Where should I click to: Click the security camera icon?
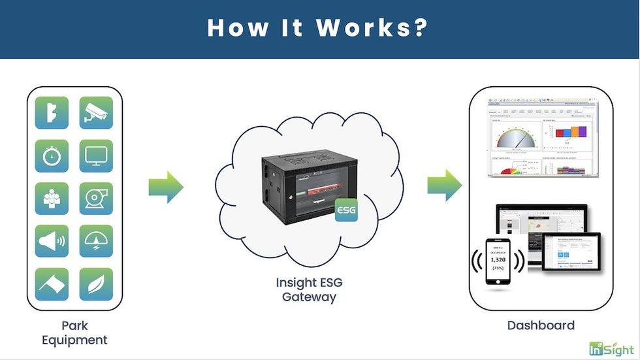tap(96, 113)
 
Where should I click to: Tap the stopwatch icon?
tap(52, 156)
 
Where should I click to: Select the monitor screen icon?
tap(96, 156)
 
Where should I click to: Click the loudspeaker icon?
tap(52, 241)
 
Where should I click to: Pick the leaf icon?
tap(96, 284)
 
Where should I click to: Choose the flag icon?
tap(52, 284)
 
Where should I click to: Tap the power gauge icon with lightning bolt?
tap(96, 241)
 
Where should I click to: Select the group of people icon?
tap(52, 199)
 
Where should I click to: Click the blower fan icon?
tap(96, 199)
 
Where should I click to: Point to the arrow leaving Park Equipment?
tap(166, 188)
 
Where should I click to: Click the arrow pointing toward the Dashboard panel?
tap(445, 186)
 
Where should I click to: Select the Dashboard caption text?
tap(541, 325)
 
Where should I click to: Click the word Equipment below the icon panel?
tap(74, 340)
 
